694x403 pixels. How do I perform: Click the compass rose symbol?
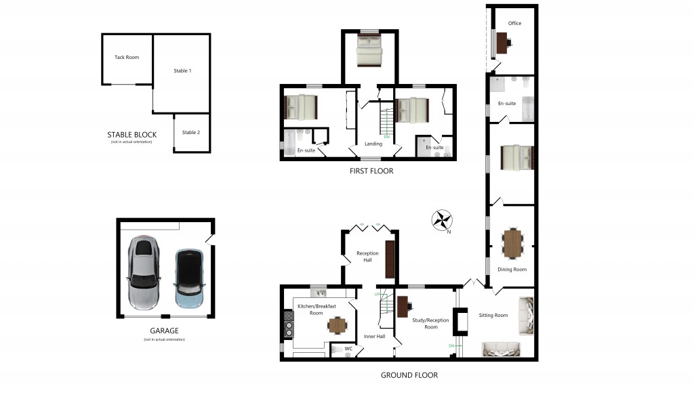click(x=442, y=220)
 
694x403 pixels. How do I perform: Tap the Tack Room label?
click(x=127, y=58)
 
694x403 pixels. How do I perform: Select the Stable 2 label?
click(x=191, y=133)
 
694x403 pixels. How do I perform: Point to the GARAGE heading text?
click(x=165, y=331)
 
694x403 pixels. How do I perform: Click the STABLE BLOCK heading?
click(x=131, y=135)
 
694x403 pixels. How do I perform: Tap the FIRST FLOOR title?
click(x=371, y=171)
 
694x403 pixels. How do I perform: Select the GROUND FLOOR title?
click(x=409, y=375)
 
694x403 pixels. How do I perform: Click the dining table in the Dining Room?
click(x=514, y=242)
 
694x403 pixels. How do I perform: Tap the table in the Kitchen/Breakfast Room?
click(x=337, y=326)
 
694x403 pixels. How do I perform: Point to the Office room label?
click(x=514, y=24)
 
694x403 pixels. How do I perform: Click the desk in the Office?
click(x=502, y=43)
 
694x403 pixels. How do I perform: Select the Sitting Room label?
click(x=493, y=315)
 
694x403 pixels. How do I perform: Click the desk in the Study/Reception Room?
click(x=403, y=307)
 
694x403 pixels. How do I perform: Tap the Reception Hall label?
click(x=368, y=256)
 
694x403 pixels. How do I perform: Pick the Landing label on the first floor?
click(x=373, y=144)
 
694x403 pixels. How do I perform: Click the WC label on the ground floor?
click(x=348, y=349)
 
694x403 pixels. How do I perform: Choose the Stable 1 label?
click(x=182, y=70)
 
